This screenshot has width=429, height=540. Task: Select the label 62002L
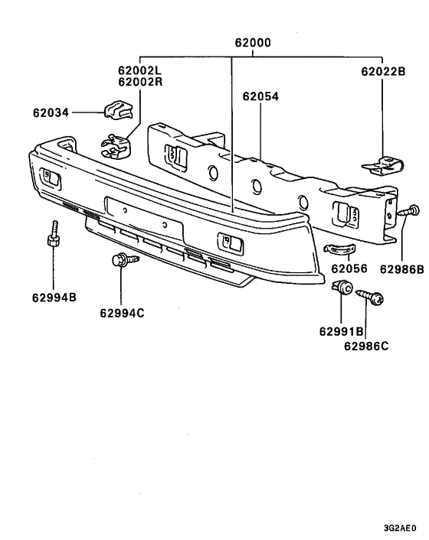[x=140, y=70]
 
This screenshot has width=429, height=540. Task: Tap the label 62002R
[x=140, y=81]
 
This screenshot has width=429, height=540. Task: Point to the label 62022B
[x=383, y=73]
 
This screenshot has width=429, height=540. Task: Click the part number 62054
[x=260, y=97]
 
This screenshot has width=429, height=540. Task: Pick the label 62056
[x=349, y=268]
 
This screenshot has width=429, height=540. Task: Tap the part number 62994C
[x=121, y=311]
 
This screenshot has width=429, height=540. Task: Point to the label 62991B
[x=341, y=332]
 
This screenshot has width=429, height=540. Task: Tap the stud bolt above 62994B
[x=54, y=234]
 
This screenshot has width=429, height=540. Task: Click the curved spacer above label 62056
[x=337, y=250]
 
